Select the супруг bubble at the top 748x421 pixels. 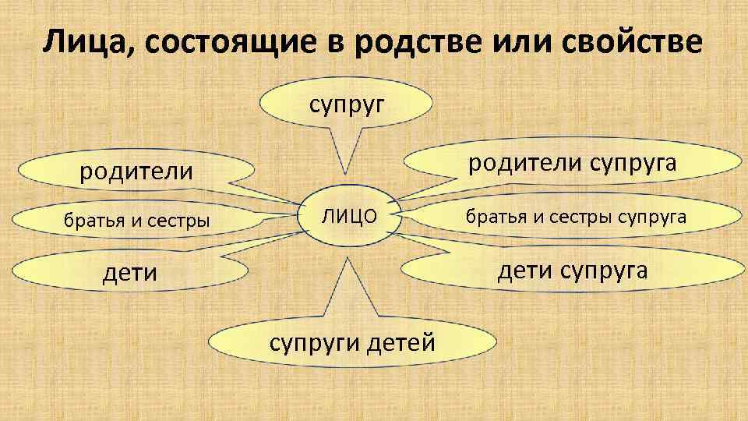pyautogui.click(x=348, y=104)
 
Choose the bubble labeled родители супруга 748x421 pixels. pyautogui.click(x=571, y=163)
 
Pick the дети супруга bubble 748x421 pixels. pyautogui.click(x=573, y=270)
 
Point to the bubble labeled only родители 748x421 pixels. pyautogui.click(x=137, y=171)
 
